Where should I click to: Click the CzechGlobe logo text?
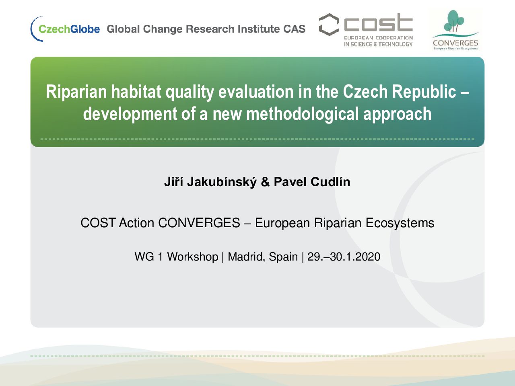tap(69, 29)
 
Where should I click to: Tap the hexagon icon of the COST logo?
tap(329, 25)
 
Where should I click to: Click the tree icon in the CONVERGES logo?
tap(454, 21)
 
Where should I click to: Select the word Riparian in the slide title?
tap(76, 92)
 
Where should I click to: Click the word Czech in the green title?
tap(365, 91)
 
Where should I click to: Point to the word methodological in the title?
tap(303, 114)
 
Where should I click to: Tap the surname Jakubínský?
tap(222, 182)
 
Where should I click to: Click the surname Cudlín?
tap(330, 182)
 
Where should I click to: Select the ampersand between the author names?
tap(265, 182)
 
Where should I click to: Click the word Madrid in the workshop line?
tap(247, 257)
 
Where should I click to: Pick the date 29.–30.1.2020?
tap(344, 257)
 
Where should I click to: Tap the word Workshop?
tap(193, 257)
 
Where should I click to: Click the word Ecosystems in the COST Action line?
tap(400, 223)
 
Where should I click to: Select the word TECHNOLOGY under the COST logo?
tap(396, 44)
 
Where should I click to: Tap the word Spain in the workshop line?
tap(283, 257)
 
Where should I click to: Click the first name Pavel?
tap(290, 182)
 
